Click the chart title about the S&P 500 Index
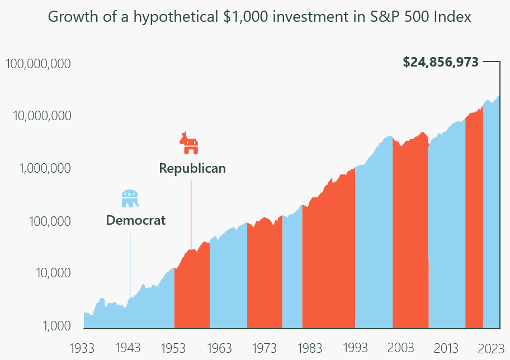[259, 17]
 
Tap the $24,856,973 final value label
[441, 62]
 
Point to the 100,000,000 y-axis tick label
[38, 64]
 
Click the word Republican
[192, 168]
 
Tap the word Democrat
[136, 220]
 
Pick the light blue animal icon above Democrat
[130, 198]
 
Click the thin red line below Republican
[191, 212]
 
